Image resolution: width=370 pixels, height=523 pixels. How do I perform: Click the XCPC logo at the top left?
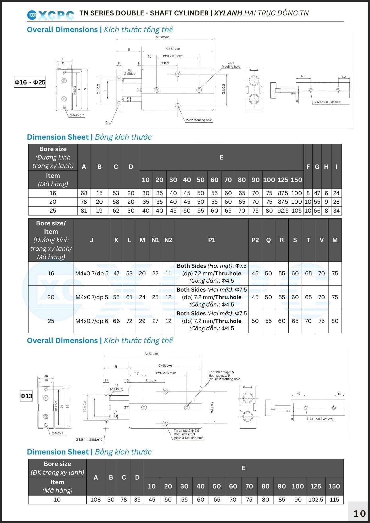[51, 15]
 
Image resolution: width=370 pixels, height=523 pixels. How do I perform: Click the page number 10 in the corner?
[360, 513]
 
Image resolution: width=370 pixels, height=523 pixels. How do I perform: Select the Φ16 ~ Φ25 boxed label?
[30, 82]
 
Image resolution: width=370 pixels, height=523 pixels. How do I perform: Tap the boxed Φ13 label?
[26, 396]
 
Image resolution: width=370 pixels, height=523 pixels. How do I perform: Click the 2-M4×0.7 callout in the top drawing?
[77, 115]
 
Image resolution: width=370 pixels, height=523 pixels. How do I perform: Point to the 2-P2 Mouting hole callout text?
[199, 120]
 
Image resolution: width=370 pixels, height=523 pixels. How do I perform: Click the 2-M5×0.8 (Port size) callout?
[328, 102]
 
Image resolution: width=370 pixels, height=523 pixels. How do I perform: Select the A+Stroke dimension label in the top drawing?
[162, 37]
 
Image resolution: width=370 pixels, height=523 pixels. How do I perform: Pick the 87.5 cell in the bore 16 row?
[283, 193]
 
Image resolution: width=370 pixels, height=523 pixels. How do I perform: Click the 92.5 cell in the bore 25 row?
[283, 211]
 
